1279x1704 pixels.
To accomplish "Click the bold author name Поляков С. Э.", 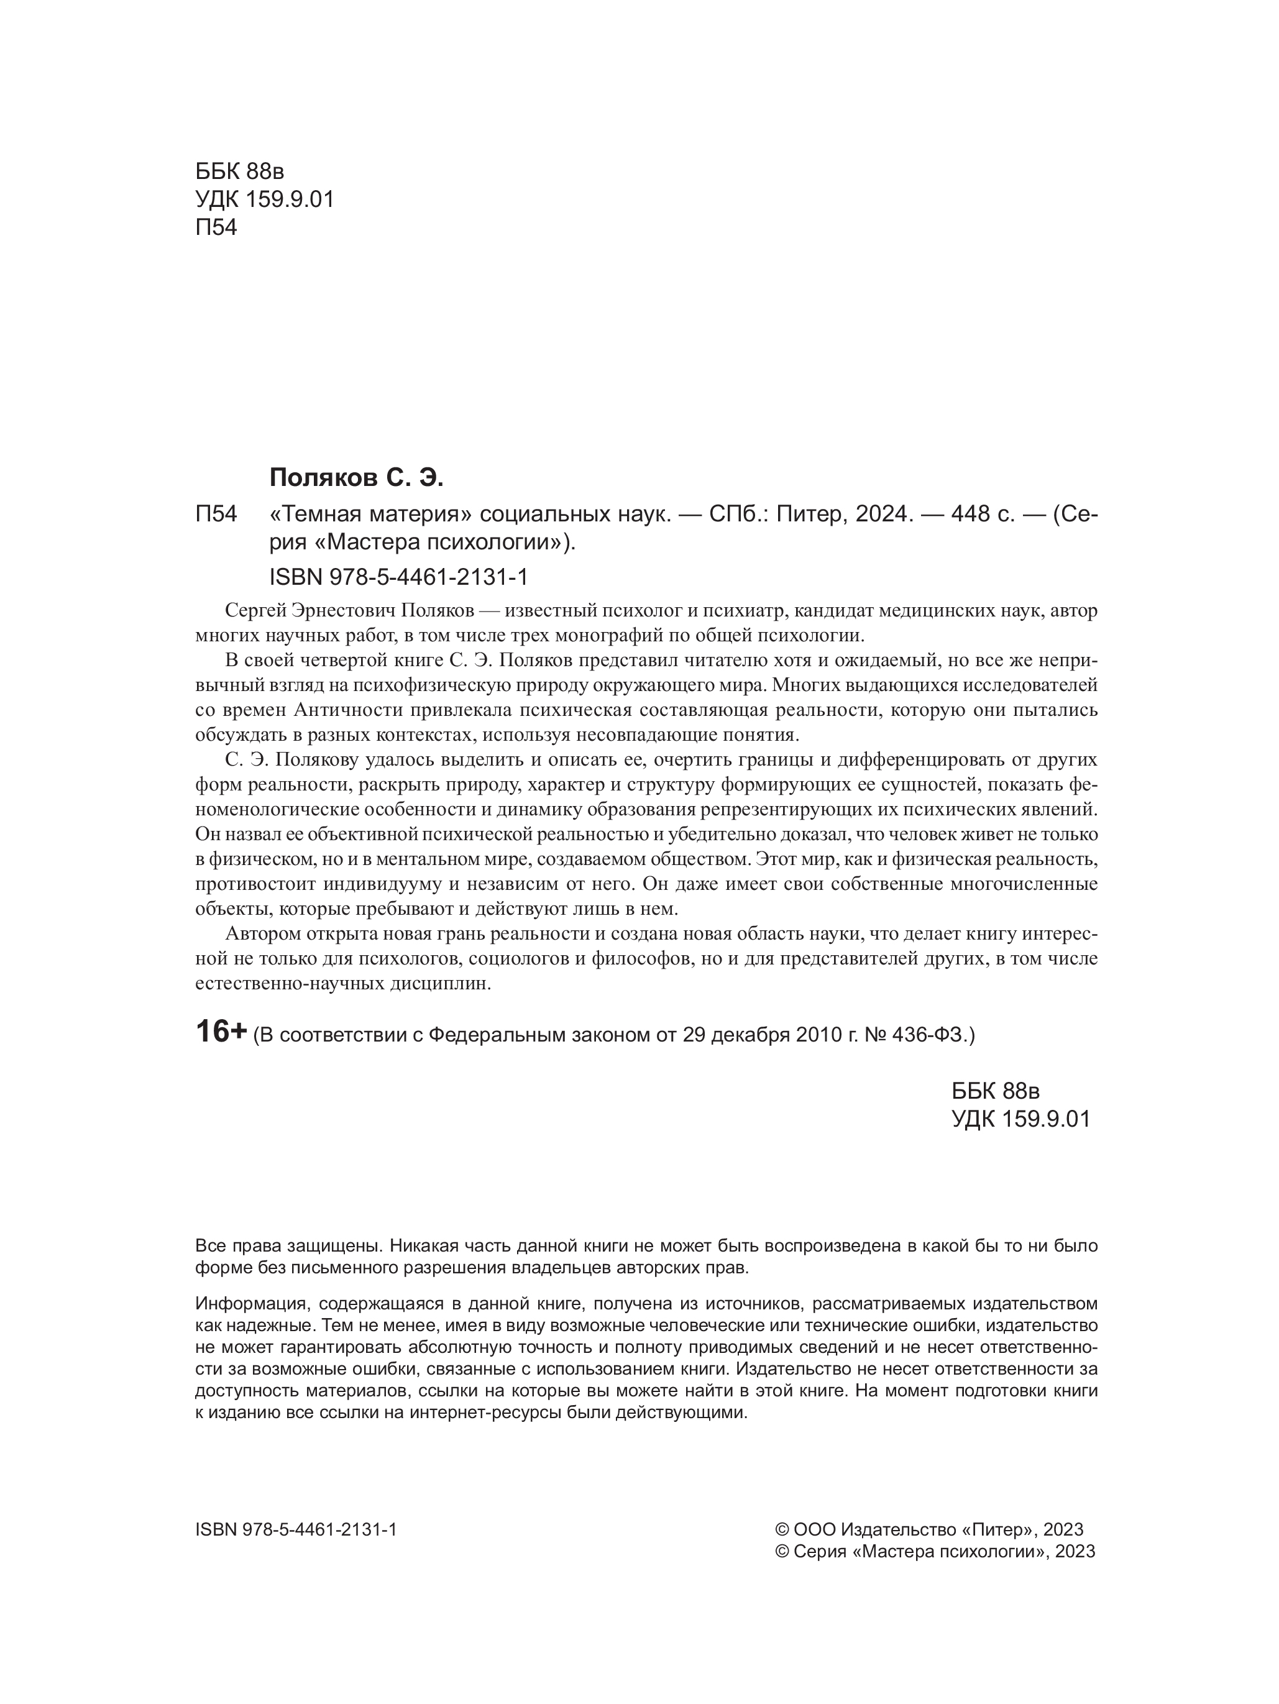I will (x=357, y=479).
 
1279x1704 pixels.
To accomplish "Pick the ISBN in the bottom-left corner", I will (x=296, y=1529).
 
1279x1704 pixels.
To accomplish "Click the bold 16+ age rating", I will (x=221, y=1032).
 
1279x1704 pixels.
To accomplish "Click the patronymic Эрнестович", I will (x=344, y=611).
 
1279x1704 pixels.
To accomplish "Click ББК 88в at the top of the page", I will (x=240, y=171).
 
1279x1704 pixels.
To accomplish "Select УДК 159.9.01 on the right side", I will (x=1021, y=1119).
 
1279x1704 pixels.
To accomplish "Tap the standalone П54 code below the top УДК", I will (x=216, y=228).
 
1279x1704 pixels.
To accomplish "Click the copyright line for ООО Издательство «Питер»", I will (x=928, y=1529).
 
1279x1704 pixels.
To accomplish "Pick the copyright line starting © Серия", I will (x=935, y=1551).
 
